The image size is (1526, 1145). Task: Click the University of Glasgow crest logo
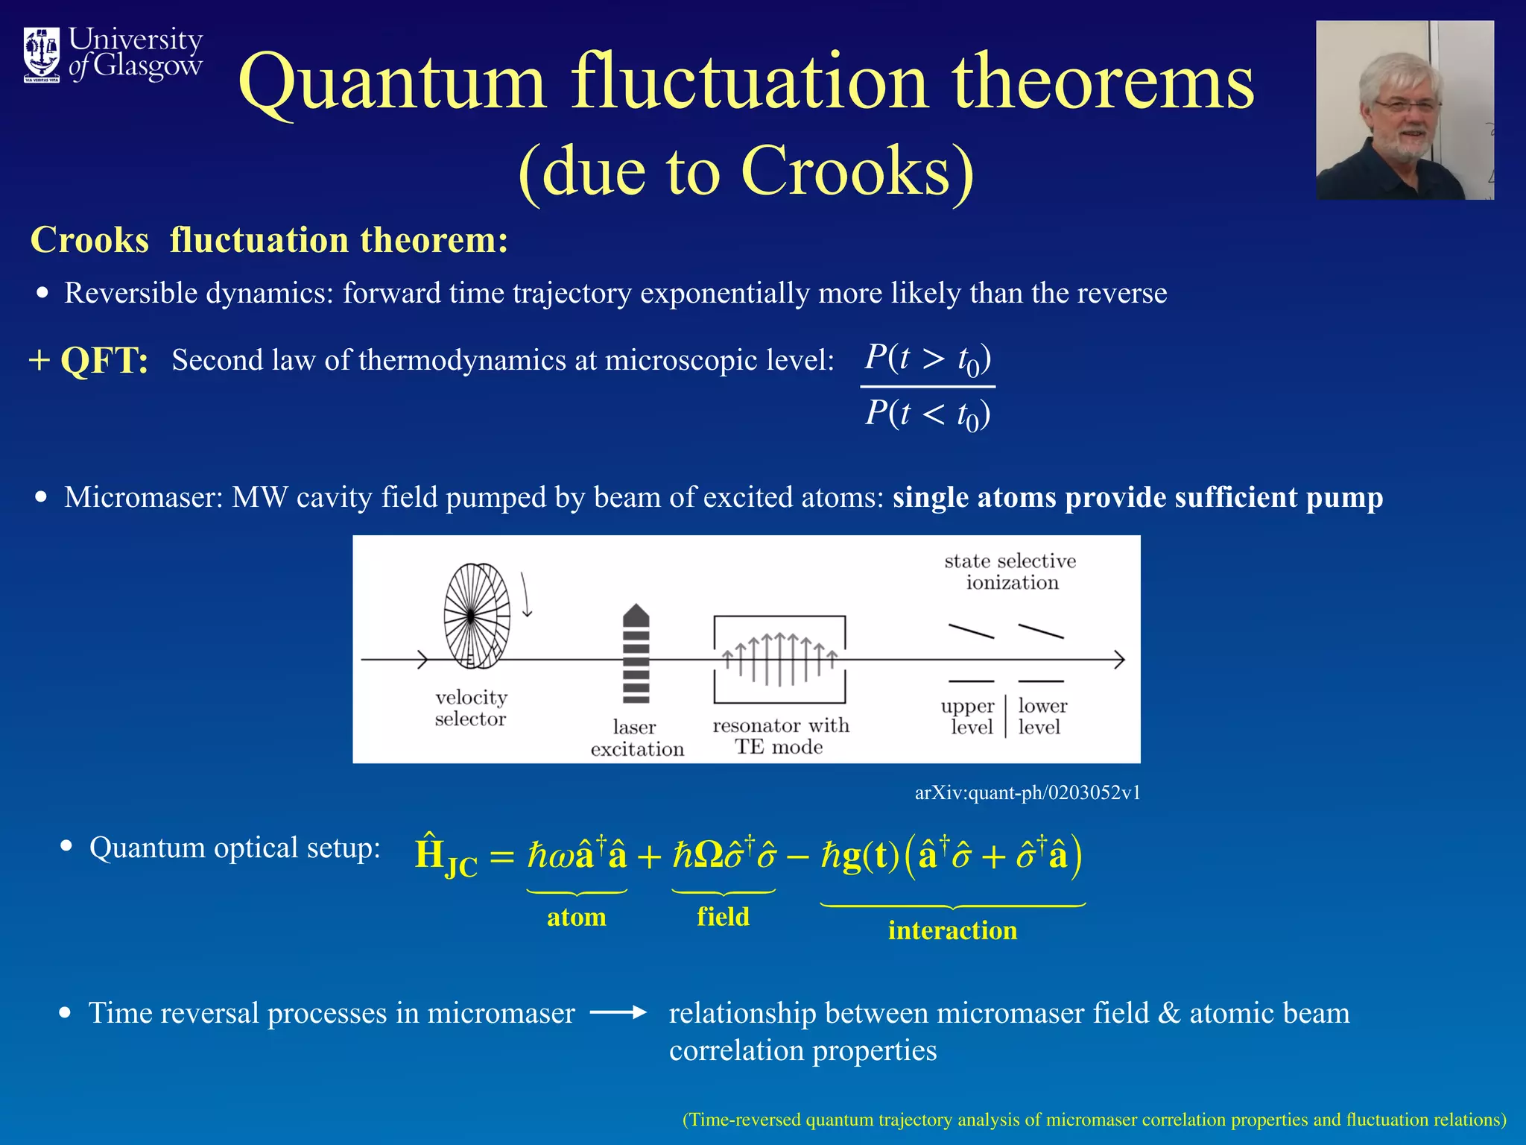(42, 54)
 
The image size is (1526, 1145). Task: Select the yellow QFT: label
(104, 361)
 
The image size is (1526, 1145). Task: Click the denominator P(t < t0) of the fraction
(927, 414)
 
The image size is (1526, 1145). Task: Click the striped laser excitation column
(636, 654)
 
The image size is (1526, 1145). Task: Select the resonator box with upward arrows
(779, 659)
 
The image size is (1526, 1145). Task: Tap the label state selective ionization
(1010, 571)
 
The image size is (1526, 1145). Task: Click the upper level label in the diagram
(968, 716)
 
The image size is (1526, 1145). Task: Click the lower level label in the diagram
(1042, 716)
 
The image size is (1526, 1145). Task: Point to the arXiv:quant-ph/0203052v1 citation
(1027, 792)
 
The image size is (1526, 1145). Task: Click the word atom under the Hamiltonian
(576, 917)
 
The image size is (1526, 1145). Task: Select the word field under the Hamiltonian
(723, 916)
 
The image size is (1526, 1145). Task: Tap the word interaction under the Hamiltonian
(952, 930)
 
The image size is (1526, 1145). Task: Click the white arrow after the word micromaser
(618, 1012)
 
